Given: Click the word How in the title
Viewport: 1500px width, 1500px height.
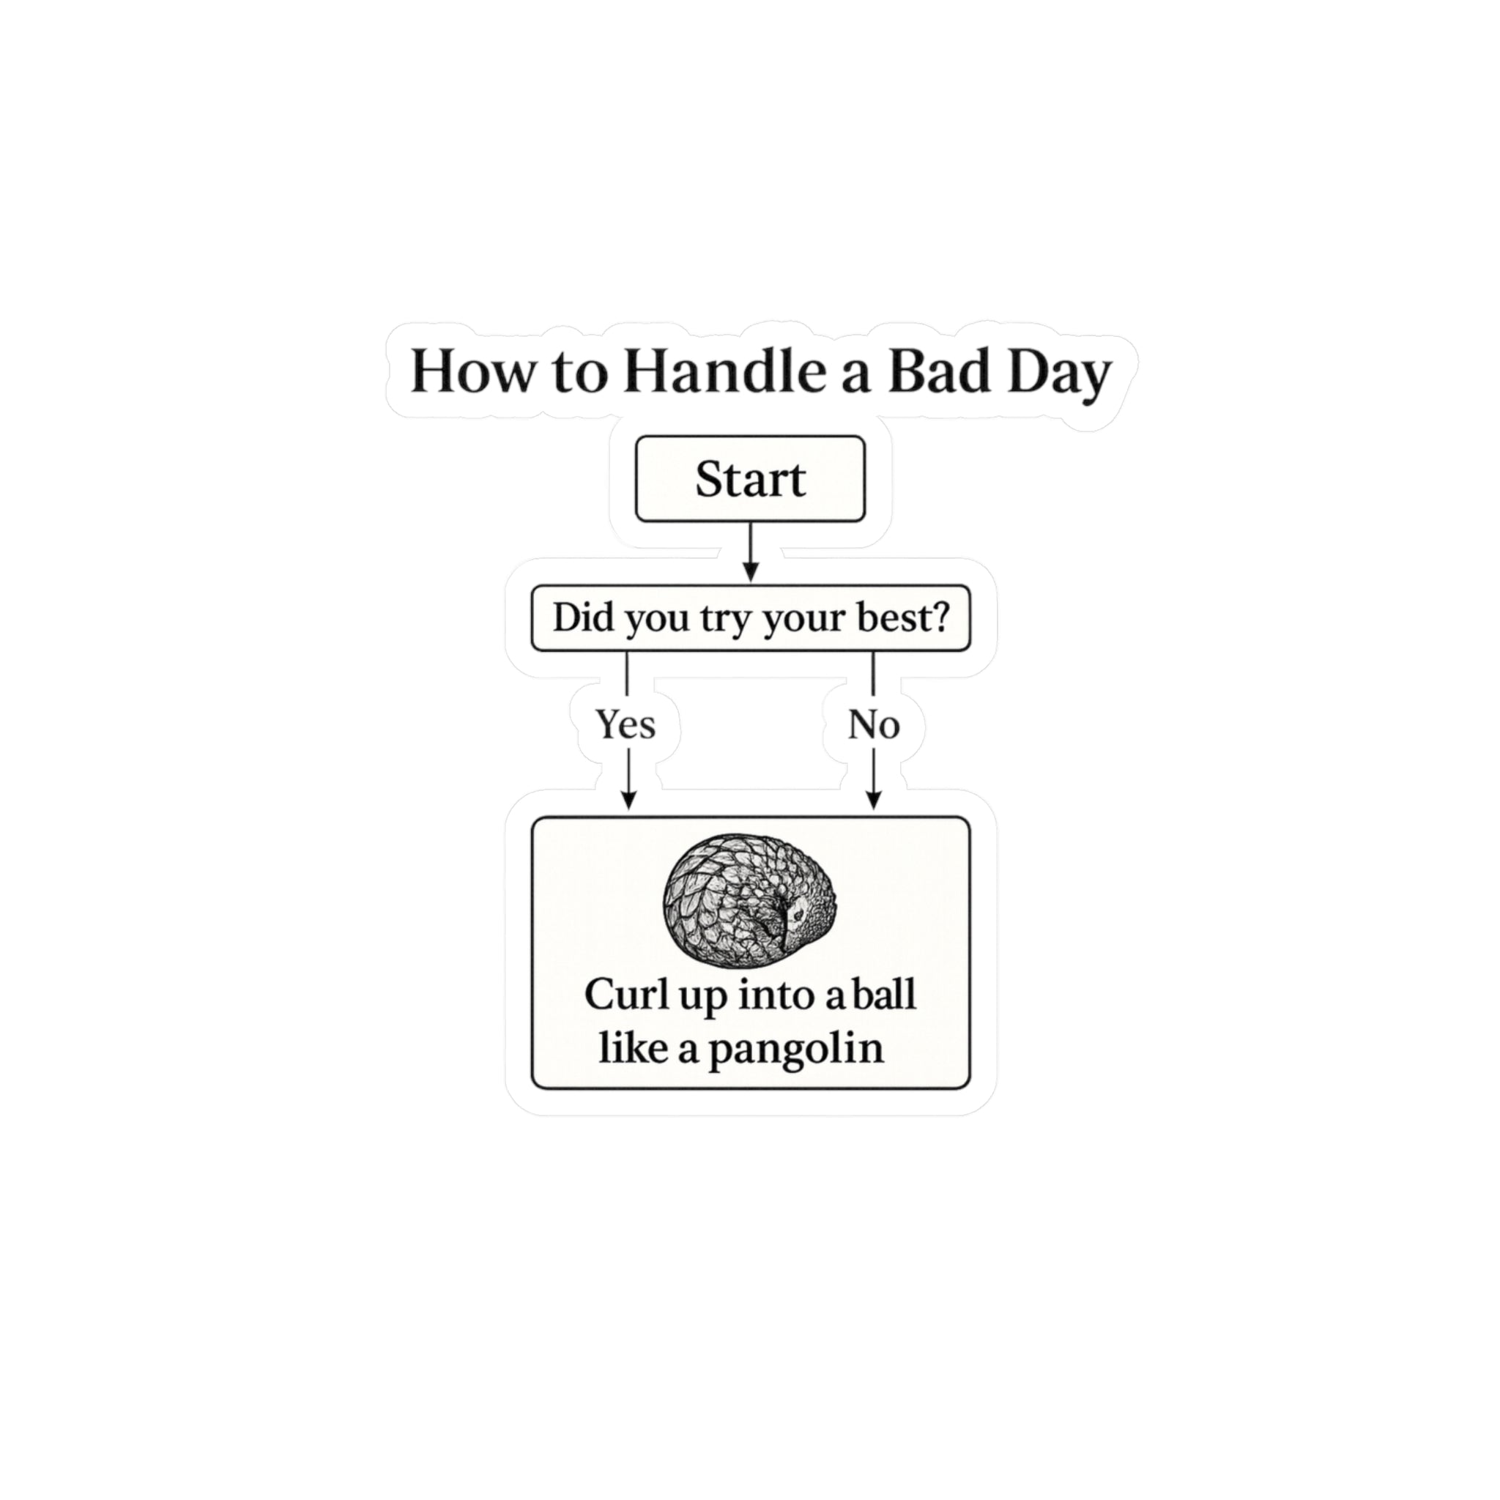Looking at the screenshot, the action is click(x=472, y=372).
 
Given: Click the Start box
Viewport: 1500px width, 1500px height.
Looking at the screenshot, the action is click(x=750, y=478).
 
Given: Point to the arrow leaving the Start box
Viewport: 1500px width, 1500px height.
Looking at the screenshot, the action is click(x=750, y=552).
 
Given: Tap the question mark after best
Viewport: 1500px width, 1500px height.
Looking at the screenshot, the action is click(x=940, y=617).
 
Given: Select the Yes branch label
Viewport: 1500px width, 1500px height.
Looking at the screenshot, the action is click(x=625, y=725).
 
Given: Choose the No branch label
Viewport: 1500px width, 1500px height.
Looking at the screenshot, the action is click(x=874, y=725).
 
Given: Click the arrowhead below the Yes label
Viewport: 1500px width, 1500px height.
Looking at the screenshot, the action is click(x=629, y=801).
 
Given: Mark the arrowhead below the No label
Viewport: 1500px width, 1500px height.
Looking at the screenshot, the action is click(x=875, y=801).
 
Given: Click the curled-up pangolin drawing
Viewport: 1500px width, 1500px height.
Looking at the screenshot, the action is click(x=751, y=902).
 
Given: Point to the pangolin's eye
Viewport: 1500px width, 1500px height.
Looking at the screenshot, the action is click(x=798, y=918).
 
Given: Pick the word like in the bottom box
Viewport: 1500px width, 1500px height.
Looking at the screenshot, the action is click(x=634, y=1048).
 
